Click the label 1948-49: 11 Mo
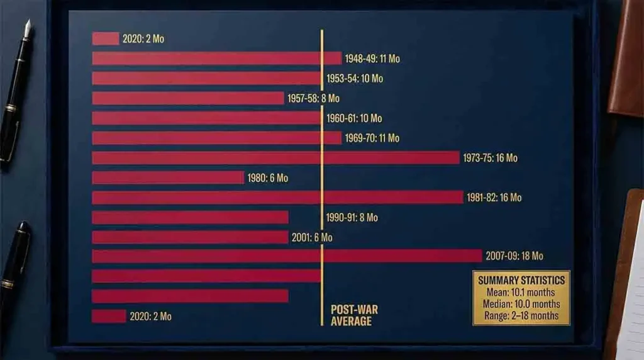point(372,59)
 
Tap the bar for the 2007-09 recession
point(287,256)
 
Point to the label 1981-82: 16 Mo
point(494,198)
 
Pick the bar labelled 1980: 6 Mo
point(168,178)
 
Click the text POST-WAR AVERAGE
point(354,315)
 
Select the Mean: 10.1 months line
point(521,292)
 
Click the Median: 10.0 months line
point(521,304)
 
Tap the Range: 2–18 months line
point(521,316)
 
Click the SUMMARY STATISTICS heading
point(521,280)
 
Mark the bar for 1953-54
point(206,79)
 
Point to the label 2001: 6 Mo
point(312,237)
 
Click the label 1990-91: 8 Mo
point(352,218)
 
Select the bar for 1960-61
point(206,118)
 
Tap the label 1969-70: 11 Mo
point(372,138)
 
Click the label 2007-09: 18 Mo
point(514,256)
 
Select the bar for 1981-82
point(277,198)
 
